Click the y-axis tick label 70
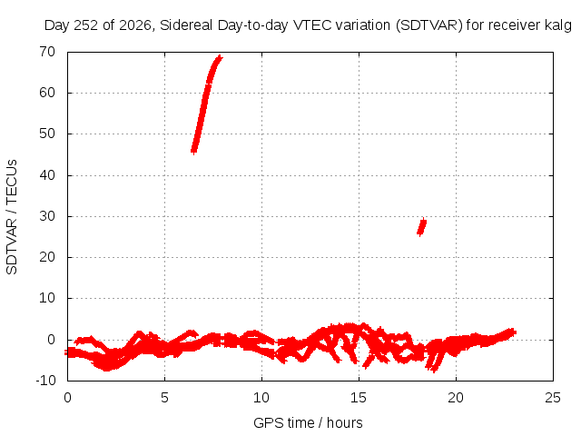pos(47,52)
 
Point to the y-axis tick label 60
pos(47,93)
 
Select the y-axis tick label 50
pos(47,134)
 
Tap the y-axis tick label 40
pos(47,175)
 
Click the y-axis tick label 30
pos(47,216)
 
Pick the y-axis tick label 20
pos(47,257)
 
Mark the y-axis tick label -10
pos(45,381)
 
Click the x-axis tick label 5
pos(164,398)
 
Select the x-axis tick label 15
pos(359,398)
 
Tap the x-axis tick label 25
pos(553,398)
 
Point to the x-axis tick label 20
pos(456,398)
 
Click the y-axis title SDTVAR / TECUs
pos(12,217)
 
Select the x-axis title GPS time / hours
pos(308,422)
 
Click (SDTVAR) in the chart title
pos(429,25)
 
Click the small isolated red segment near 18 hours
pos(421,227)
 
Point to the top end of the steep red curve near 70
pos(221,56)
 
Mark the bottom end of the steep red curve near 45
pos(193,151)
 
